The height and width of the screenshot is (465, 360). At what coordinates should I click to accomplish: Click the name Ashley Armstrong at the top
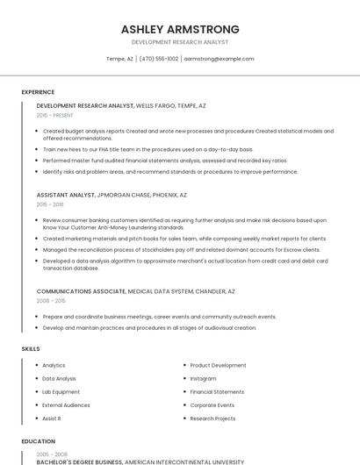click(180, 29)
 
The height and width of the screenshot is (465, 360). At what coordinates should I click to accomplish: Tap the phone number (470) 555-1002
click(158, 59)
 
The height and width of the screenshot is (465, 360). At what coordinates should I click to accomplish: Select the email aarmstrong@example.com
click(219, 59)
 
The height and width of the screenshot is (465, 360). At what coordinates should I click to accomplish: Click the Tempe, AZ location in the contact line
click(119, 59)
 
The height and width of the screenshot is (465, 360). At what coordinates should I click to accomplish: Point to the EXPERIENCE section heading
click(38, 92)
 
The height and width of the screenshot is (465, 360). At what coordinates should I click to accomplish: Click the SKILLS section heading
click(31, 349)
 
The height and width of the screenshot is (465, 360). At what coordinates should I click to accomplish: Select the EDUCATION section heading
click(38, 441)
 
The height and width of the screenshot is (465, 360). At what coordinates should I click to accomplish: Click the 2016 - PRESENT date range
click(54, 115)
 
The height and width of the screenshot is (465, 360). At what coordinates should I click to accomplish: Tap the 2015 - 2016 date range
click(50, 204)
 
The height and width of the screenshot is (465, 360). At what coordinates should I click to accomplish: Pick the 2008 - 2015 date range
click(50, 300)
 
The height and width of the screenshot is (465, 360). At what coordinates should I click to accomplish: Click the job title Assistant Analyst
click(66, 195)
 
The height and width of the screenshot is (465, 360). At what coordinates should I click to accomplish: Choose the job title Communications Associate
click(81, 290)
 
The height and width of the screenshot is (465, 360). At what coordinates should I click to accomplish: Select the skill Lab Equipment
click(61, 392)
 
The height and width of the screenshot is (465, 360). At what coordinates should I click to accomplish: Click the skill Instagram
click(203, 379)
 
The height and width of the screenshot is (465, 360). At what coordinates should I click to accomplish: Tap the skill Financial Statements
click(217, 392)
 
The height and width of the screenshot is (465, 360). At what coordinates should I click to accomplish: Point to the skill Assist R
click(51, 418)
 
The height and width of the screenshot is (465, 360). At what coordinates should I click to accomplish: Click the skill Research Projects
click(212, 418)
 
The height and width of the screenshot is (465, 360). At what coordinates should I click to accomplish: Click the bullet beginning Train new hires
click(148, 149)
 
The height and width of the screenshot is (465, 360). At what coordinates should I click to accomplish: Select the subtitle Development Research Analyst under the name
click(180, 42)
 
